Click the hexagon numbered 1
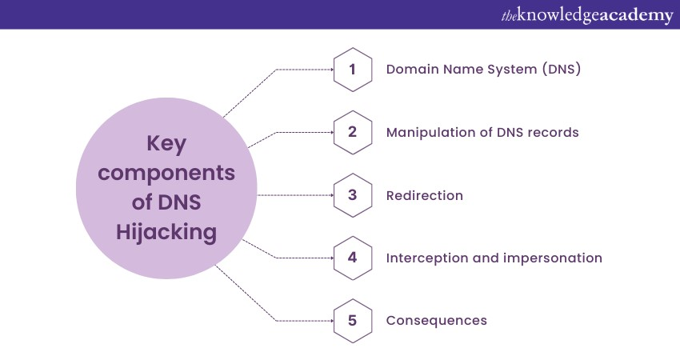coord(352,70)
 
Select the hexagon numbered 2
coord(352,132)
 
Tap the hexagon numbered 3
coord(352,195)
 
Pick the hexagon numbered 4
coord(352,258)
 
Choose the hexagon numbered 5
coord(352,320)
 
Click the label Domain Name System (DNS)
coord(483,70)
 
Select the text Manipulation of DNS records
coord(482,132)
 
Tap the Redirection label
coord(425,195)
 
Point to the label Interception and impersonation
coord(494,258)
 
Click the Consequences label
coord(436,320)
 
